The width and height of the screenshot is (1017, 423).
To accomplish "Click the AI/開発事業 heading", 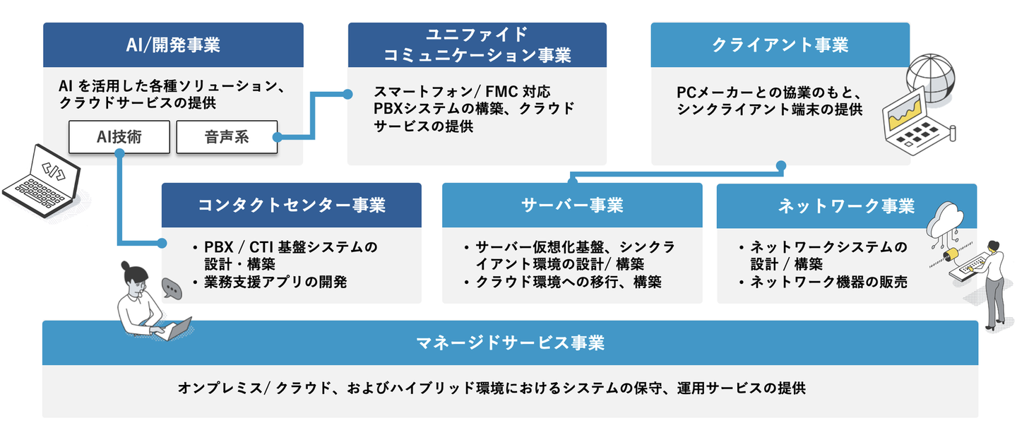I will tap(173, 45).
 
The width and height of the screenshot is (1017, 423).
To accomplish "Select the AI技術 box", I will tap(119, 136).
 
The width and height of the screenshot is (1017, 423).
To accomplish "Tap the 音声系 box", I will tap(227, 136).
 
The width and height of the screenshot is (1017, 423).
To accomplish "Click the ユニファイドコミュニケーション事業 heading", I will tap(477, 45).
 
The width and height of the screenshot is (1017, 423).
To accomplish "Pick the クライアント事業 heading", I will tap(780, 45).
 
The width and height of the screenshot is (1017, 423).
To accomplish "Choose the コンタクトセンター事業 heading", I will tap(291, 205).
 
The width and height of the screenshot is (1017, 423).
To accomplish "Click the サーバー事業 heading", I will tap(572, 205).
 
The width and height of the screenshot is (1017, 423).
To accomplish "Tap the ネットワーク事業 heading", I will tap(846, 205).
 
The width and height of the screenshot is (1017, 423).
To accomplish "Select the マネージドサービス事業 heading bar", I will tap(510, 343).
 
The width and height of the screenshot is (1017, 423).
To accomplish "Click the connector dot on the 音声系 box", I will tap(278, 136).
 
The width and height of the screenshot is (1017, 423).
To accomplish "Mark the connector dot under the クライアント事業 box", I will tap(780, 166).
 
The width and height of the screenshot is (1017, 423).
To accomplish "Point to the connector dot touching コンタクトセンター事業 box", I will tap(162, 244).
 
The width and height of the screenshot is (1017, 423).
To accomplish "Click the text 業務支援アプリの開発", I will tap(275, 282).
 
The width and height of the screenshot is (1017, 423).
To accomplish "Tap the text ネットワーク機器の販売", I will tap(828, 282).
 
